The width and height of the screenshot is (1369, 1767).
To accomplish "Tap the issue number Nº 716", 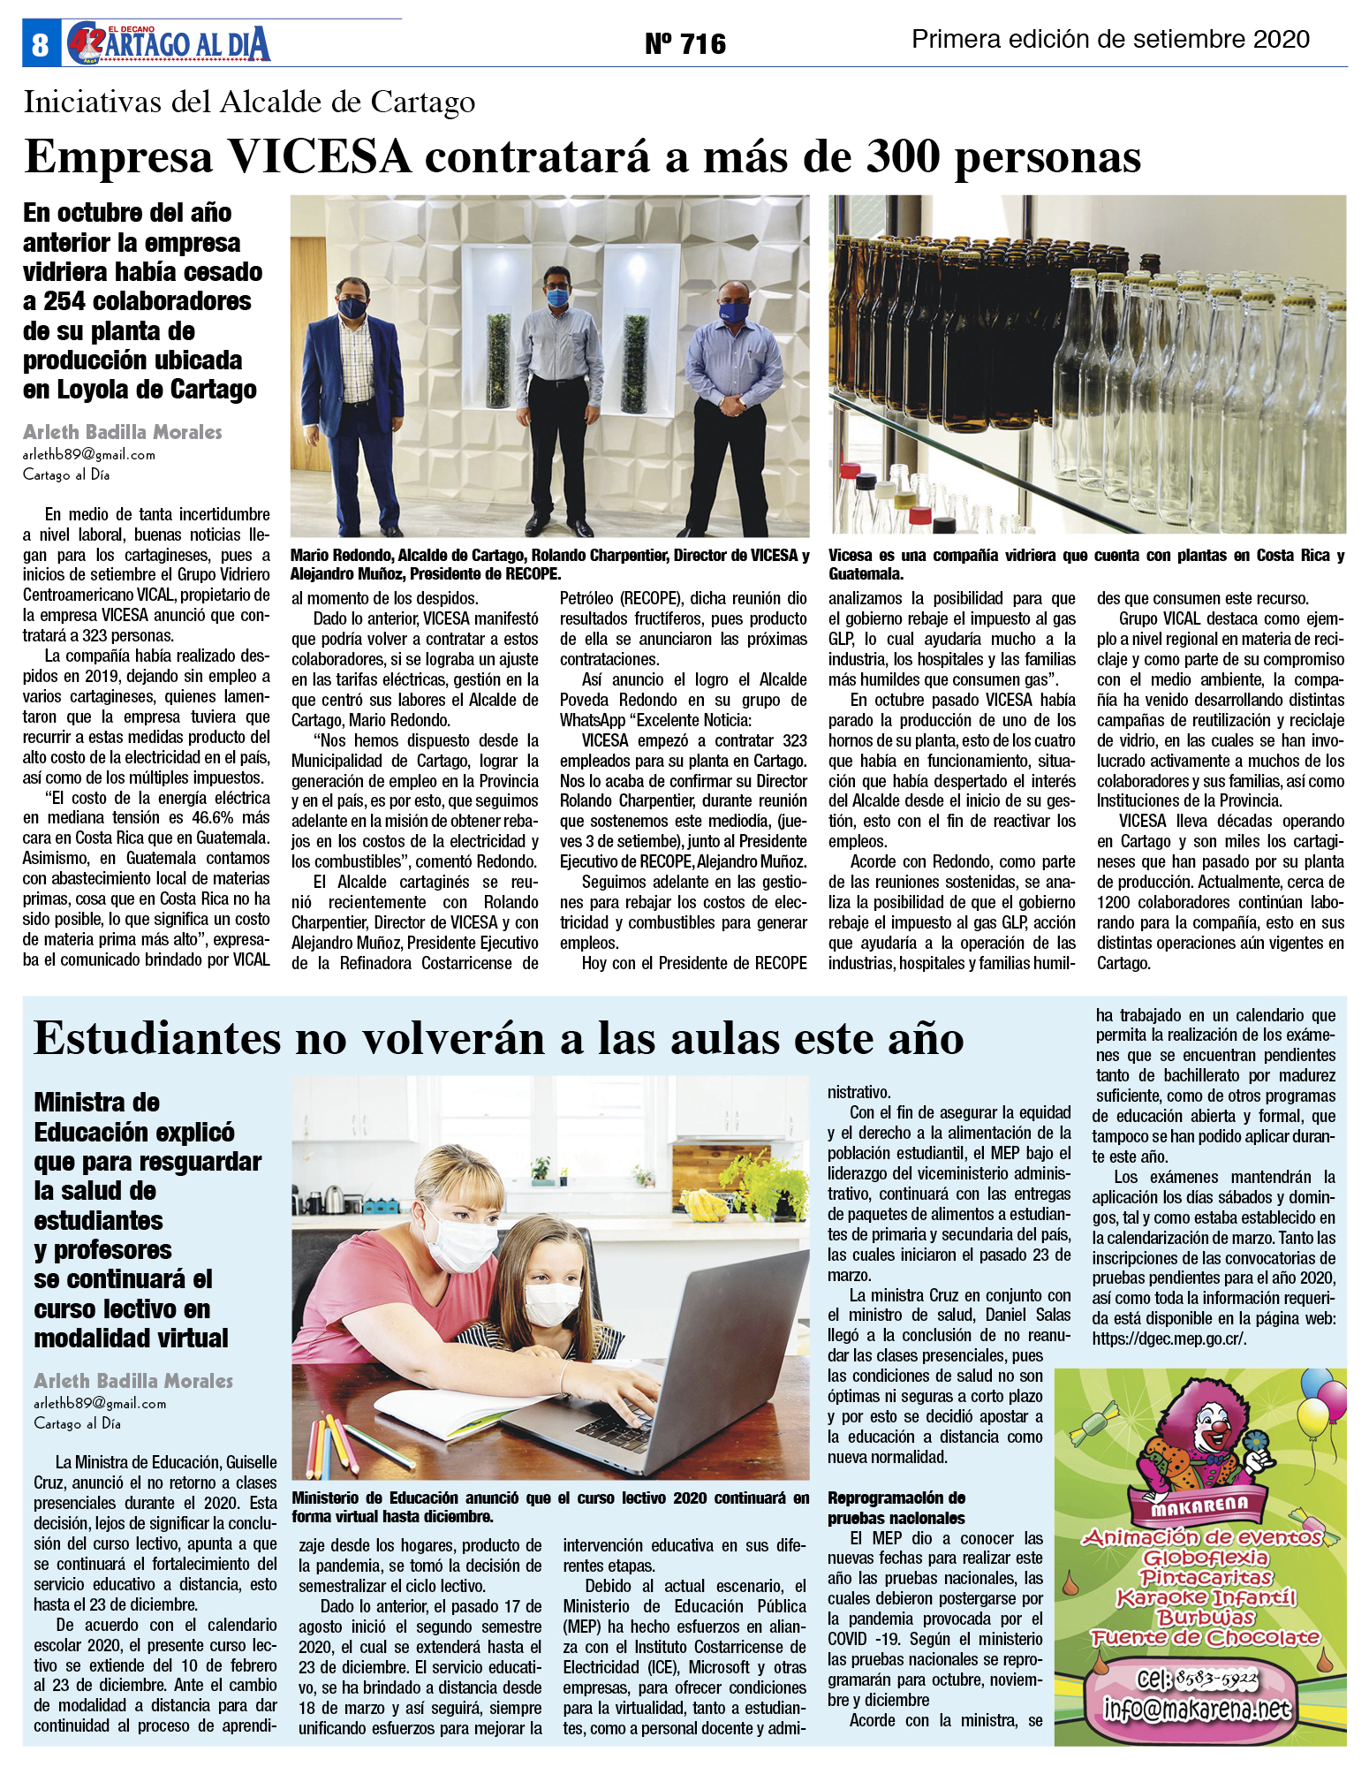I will [684, 43].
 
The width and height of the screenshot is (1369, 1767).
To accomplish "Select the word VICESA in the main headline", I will [320, 157].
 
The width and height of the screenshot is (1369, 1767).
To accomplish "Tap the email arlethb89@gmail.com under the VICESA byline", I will [89, 455].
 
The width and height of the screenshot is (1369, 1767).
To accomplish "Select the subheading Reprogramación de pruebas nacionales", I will [896, 1508].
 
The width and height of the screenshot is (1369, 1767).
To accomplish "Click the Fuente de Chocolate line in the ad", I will [1205, 1638].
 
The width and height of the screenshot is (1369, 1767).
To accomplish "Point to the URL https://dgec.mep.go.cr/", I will [1169, 1339].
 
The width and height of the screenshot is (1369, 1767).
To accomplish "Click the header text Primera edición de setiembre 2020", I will [1110, 40].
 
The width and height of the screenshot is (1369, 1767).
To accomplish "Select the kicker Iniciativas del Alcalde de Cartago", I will [249, 102].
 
